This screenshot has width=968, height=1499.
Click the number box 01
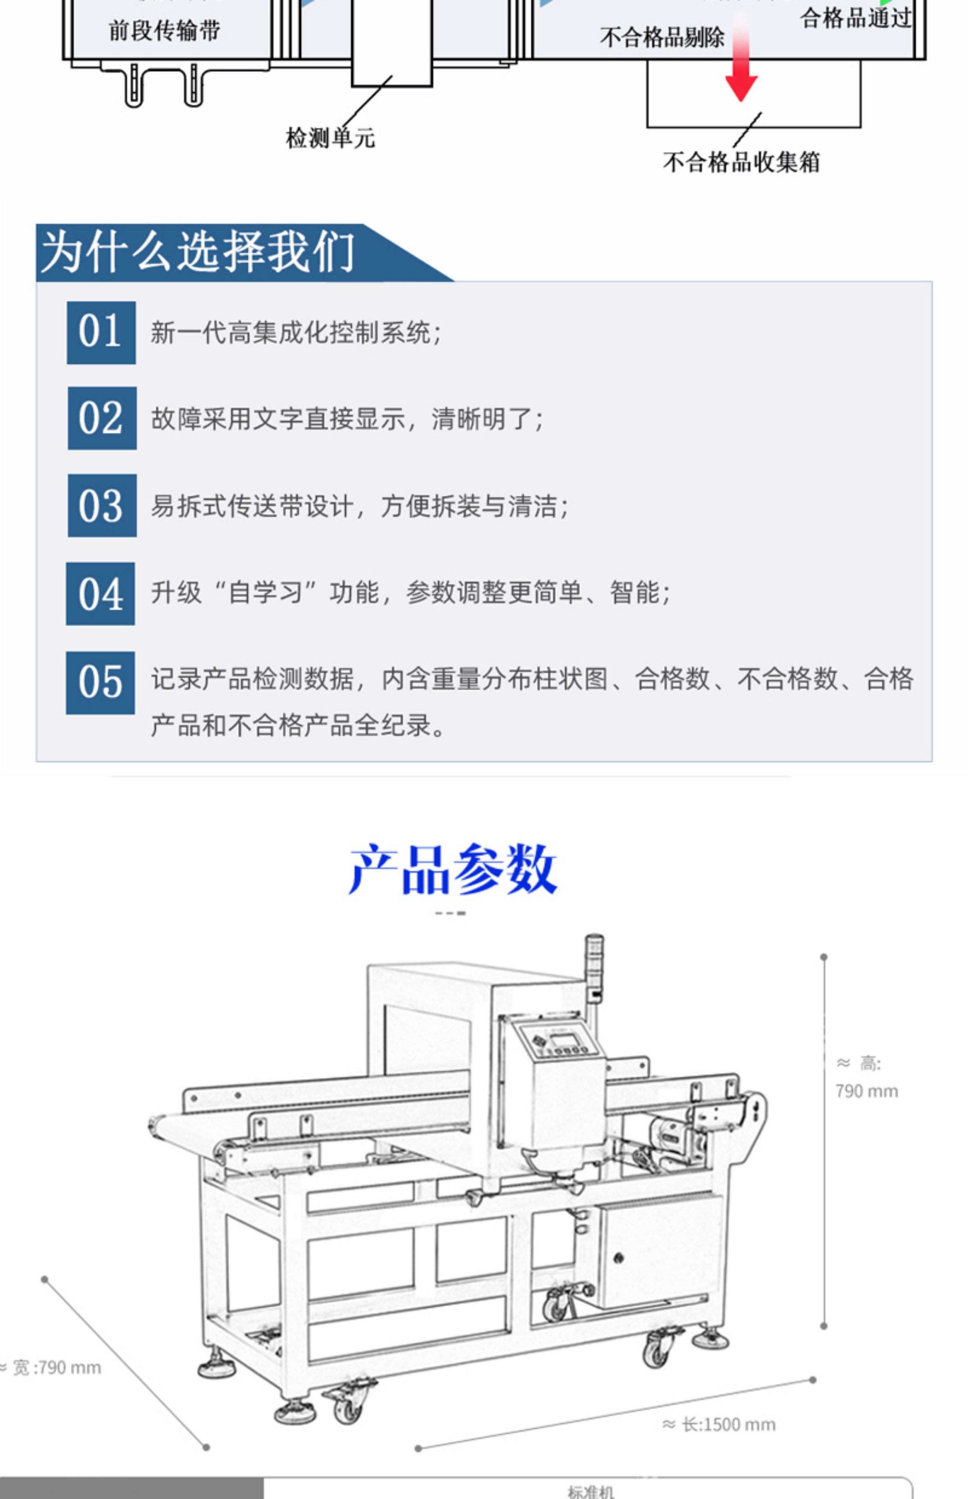tap(101, 333)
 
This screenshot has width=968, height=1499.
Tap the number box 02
tap(102, 418)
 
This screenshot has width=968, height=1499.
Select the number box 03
tap(102, 505)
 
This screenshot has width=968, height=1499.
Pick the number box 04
tap(101, 593)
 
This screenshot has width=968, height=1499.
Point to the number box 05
tap(101, 683)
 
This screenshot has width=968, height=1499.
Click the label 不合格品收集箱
tap(741, 162)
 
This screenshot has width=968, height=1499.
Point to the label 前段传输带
tap(165, 30)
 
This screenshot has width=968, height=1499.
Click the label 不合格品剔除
tap(662, 38)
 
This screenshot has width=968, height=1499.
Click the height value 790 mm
tap(866, 1091)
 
